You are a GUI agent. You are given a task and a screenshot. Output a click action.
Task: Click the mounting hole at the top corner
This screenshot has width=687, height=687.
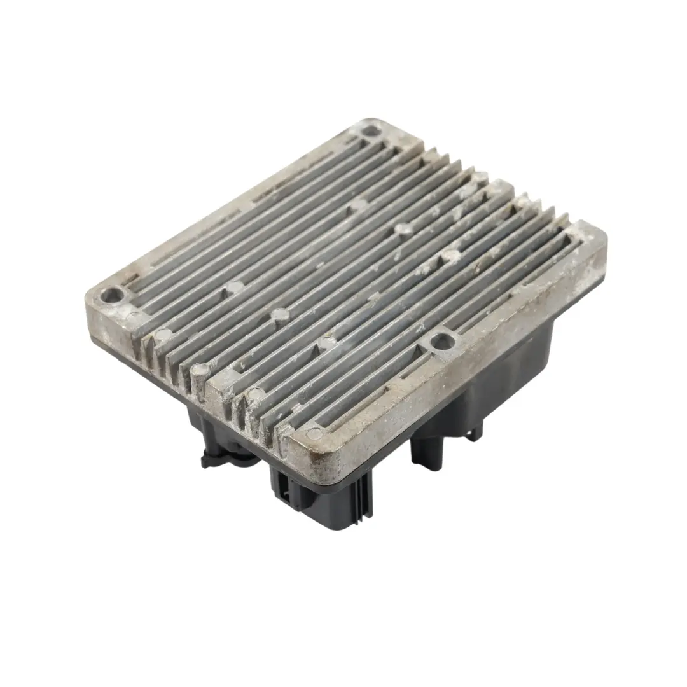tap(370, 131)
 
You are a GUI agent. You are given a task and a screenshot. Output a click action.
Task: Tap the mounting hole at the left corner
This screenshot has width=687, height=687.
tap(114, 295)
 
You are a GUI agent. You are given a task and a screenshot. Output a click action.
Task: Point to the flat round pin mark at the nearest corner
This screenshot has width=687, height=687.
tap(313, 434)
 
